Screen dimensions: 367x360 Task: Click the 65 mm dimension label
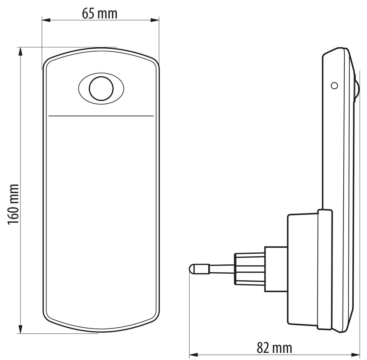click(x=100, y=14)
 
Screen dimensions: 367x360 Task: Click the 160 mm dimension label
click(x=13, y=204)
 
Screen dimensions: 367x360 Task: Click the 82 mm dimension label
click(x=274, y=336)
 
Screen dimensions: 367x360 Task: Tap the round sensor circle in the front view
click(x=101, y=89)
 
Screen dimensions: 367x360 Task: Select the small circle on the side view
click(x=335, y=86)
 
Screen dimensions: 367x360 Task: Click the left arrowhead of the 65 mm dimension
click(x=46, y=20)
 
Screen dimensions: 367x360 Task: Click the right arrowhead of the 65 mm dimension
click(x=155, y=20)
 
